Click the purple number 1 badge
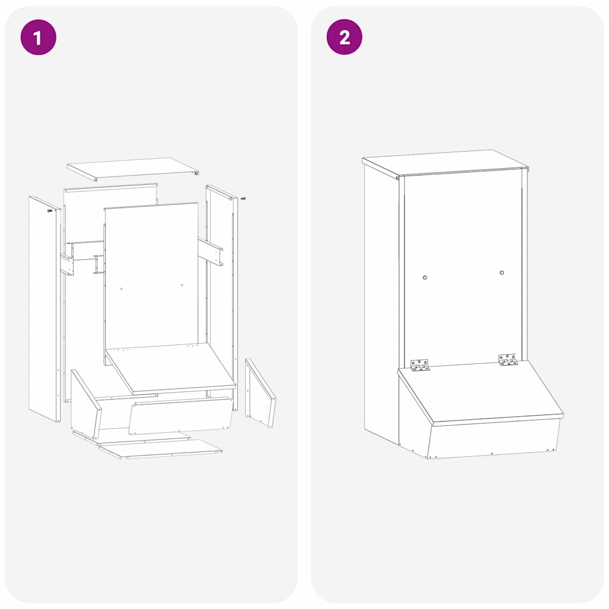pos(38,37)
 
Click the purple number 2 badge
pos(344,37)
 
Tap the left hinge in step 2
pos(420,365)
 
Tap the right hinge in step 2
pos(508,360)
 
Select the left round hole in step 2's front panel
pos(425,277)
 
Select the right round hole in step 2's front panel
pos(502,273)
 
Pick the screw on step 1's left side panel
pos(50,210)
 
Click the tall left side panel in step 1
pos(45,309)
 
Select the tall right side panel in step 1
pos(222,297)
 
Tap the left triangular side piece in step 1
pos(85,404)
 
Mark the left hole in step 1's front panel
pos(121,288)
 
